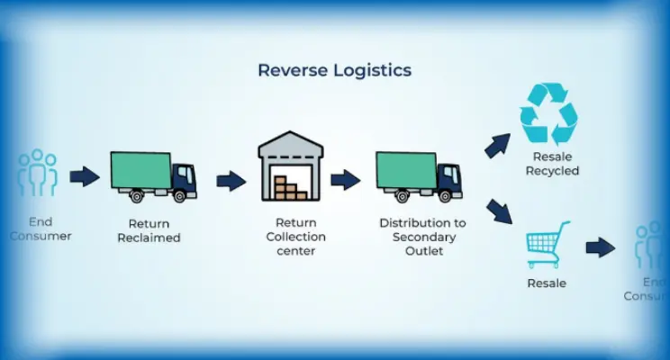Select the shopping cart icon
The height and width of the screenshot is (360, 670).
[548, 244]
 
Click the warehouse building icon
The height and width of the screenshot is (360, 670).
[289, 166]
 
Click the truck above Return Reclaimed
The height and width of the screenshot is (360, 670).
[153, 176]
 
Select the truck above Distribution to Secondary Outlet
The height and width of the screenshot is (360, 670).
[418, 176]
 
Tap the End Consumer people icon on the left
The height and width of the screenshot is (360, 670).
[38, 173]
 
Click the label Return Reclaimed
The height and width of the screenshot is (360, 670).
[149, 230]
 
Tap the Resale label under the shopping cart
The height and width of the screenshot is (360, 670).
[547, 283]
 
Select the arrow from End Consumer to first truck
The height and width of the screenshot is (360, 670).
[85, 176]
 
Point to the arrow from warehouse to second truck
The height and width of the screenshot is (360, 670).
[345, 180]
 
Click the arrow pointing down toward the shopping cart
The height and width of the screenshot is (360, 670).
[498, 213]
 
